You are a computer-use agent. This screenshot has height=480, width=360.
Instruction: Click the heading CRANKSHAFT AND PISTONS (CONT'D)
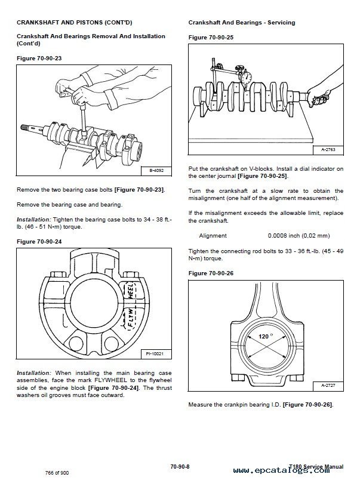click(x=74, y=23)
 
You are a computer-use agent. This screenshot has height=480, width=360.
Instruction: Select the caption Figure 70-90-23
click(x=39, y=58)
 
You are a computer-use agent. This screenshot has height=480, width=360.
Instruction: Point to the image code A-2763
click(x=328, y=150)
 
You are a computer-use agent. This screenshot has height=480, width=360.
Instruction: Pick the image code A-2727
click(x=328, y=386)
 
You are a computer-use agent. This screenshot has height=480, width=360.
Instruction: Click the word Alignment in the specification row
click(x=213, y=236)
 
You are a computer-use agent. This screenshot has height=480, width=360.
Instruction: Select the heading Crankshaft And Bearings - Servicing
click(x=241, y=23)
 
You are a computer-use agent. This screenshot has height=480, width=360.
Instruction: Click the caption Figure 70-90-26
click(x=211, y=273)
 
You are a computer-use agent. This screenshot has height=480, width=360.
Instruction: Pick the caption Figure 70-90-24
click(x=39, y=242)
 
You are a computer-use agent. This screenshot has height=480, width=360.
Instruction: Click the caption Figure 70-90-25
click(x=211, y=37)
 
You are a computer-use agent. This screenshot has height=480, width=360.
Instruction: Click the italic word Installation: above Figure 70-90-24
click(x=33, y=220)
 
